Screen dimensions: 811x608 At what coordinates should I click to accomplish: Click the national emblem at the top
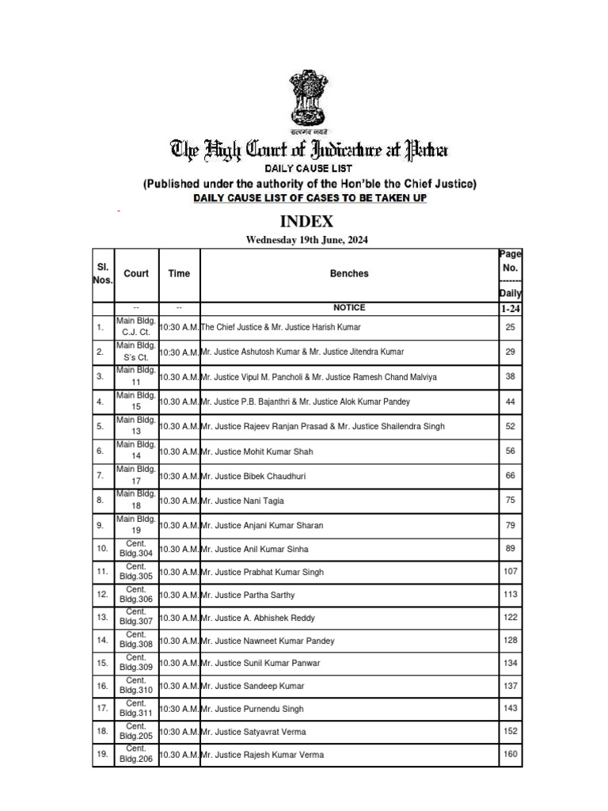[309, 101]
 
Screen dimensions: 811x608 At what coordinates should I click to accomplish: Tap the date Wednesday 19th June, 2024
[307, 240]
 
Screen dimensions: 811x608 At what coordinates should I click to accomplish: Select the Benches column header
[349, 274]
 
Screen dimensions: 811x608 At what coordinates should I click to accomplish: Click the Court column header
[136, 274]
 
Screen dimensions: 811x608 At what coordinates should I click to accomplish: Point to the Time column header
[179, 274]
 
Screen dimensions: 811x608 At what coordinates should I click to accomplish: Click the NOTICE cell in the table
[349, 308]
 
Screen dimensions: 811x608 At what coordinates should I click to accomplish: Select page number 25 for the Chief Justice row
[510, 327]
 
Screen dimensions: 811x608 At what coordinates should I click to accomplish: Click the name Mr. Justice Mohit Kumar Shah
[258, 451]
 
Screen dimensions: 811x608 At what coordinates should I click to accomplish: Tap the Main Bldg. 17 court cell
[136, 475]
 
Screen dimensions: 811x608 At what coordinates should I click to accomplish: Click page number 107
[510, 571]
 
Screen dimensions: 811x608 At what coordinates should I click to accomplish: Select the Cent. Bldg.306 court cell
[136, 595]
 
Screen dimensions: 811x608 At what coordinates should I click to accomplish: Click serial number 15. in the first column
[102, 663]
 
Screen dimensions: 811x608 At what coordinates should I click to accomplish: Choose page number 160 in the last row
[510, 754]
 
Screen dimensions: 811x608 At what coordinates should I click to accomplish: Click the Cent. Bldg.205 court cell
[136, 731]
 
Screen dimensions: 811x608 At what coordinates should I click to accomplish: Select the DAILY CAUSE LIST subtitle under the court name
[309, 169]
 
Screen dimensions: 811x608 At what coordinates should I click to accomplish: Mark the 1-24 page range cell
[510, 309]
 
